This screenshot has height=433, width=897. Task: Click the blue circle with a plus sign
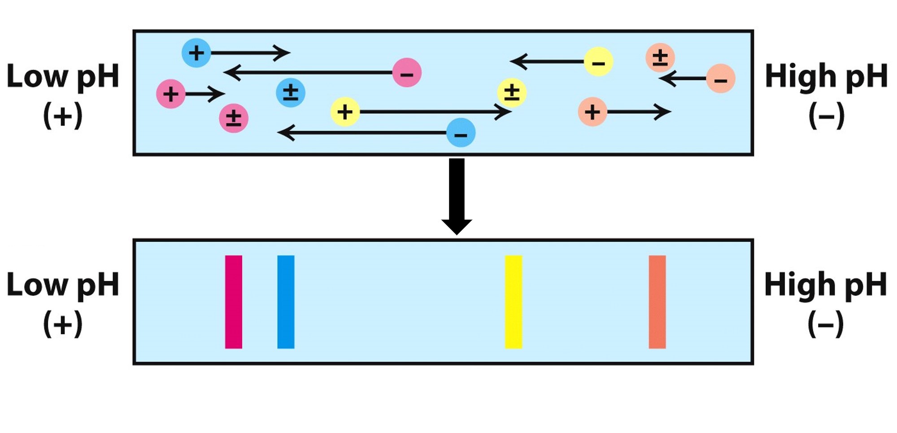click(x=196, y=53)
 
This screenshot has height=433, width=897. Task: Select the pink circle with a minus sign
click(x=406, y=73)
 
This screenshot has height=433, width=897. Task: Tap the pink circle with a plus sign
click(x=170, y=94)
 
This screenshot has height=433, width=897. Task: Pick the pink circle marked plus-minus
click(x=233, y=118)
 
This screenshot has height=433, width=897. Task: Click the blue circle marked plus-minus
click(x=290, y=92)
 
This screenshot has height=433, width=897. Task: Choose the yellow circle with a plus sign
click(x=344, y=112)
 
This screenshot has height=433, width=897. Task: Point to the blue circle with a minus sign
click(x=461, y=133)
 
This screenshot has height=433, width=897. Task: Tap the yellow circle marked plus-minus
click(x=511, y=93)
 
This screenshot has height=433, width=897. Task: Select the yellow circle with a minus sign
click(x=598, y=61)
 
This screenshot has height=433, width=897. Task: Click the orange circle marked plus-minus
click(x=660, y=57)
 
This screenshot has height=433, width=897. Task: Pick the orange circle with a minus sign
click(x=720, y=79)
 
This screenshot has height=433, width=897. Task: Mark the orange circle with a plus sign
click(x=592, y=112)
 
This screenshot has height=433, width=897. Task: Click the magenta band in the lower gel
click(x=233, y=302)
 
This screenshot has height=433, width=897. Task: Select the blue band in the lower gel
click(x=286, y=302)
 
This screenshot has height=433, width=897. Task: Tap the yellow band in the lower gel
click(x=513, y=302)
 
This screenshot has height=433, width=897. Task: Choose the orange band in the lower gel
click(x=657, y=302)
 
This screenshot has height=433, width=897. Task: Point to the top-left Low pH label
click(x=63, y=76)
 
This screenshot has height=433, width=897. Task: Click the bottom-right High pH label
click(x=826, y=285)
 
